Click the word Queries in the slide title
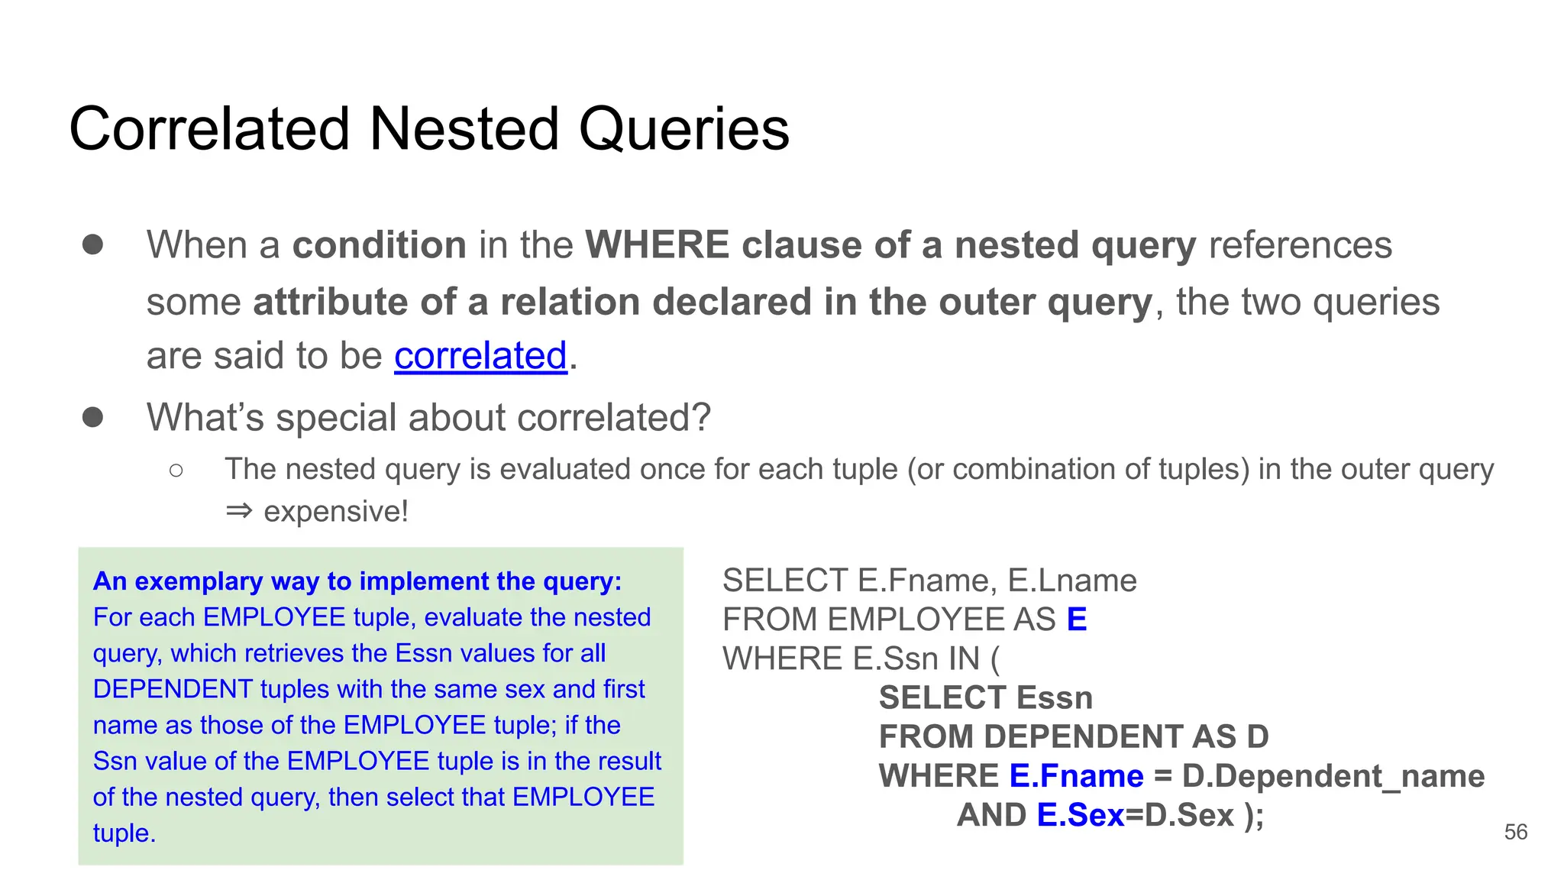click(683, 130)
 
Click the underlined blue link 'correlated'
click(480, 356)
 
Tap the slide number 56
click(1515, 832)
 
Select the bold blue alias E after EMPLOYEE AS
click(1076, 620)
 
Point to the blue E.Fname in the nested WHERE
click(1076, 776)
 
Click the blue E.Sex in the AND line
click(1080, 815)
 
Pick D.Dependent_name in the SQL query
click(1333, 776)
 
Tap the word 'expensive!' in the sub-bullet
click(336, 512)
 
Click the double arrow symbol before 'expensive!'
click(238, 510)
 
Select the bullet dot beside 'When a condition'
click(93, 244)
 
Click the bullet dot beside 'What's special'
click(93, 417)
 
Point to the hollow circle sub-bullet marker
click(176, 470)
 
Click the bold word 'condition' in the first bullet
click(380, 245)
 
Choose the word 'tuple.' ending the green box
click(124, 833)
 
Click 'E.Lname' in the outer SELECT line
click(1071, 581)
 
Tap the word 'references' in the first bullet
click(1300, 245)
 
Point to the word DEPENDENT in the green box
click(173, 689)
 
